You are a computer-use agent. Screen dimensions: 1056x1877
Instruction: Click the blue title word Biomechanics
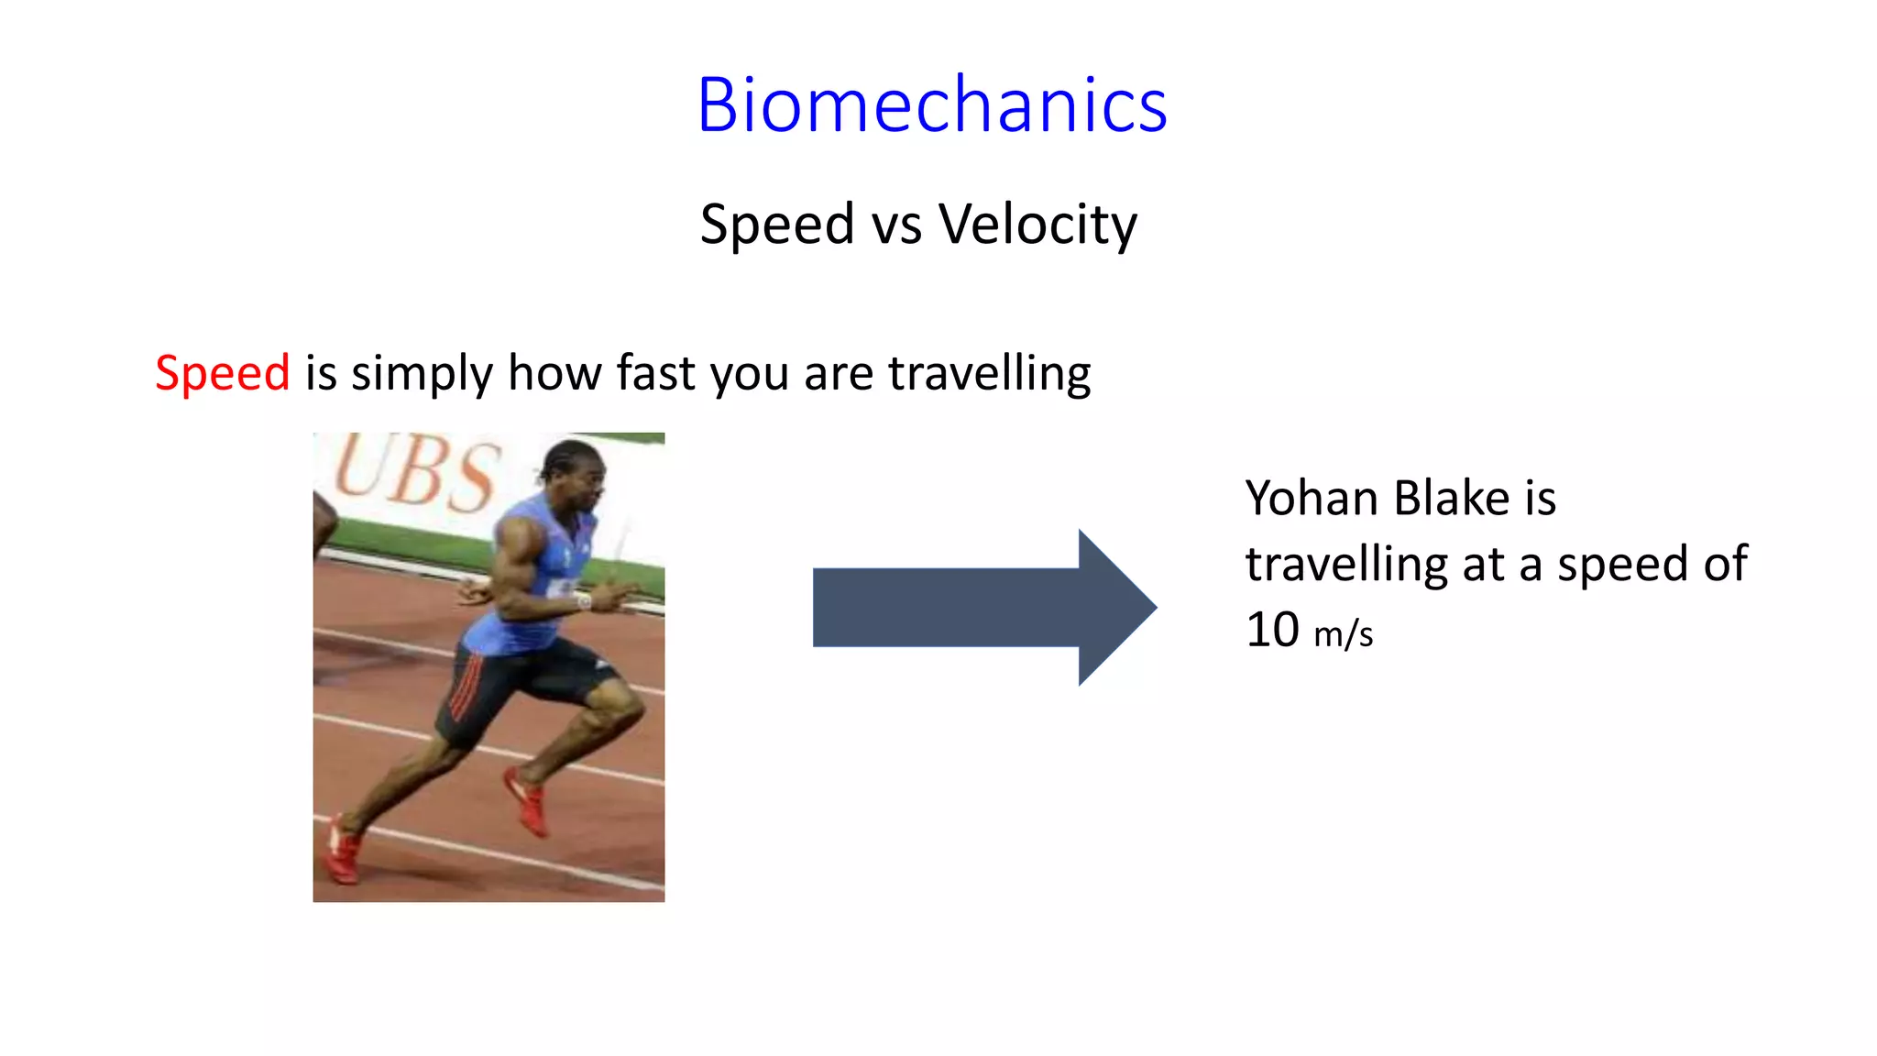pyautogui.click(x=931, y=105)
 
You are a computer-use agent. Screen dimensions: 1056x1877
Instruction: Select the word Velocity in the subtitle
pyautogui.click(x=1037, y=225)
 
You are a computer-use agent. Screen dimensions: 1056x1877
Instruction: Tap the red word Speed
pyautogui.click(x=222, y=373)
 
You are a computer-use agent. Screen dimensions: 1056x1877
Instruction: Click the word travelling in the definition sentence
pyautogui.click(x=989, y=373)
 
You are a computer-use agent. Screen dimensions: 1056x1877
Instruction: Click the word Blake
pyautogui.click(x=1452, y=499)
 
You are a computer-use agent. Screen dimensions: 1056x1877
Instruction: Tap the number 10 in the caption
pyautogui.click(x=1272, y=630)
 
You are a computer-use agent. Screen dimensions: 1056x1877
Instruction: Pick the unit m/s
pyautogui.click(x=1343, y=633)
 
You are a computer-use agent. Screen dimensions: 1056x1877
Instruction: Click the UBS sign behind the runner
pyautogui.click(x=417, y=475)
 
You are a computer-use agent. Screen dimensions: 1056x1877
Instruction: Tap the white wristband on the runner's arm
pyautogui.click(x=583, y=601)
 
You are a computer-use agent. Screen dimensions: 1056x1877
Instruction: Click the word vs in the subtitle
pyautogui.click(x=896, y=225)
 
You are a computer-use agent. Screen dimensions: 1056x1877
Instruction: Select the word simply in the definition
pyautogui.click(x=422, y=373)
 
